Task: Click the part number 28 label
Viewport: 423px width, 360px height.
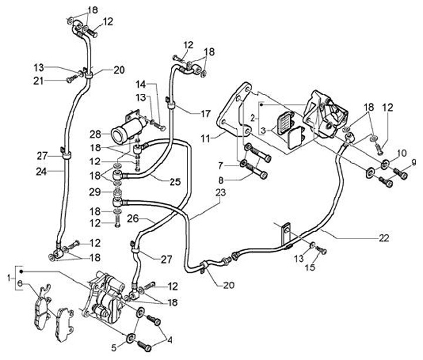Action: click(x=96, y=134)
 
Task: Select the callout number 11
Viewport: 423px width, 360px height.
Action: click(x=206, y=139)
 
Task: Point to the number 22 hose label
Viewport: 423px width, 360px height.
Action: click(x=384, y=238)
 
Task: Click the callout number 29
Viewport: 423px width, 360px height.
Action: click(x=95, y=192)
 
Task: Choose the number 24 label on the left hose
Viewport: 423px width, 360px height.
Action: click(x=42, y=171)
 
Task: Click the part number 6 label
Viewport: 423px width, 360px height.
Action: click(x=19, y=283)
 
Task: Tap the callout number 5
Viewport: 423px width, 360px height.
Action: click(x=114, y=348)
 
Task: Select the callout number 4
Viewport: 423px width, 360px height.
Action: click(x=170, y=340)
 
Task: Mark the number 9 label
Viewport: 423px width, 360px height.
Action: click(x=413, y=162)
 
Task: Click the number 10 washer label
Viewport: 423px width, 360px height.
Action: click(x=402, y=153)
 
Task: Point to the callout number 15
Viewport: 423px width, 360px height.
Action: click(x=310, y=268)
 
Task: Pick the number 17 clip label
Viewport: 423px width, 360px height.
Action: click(x=206, y=113)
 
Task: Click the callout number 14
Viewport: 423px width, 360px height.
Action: click(x=140, y=85)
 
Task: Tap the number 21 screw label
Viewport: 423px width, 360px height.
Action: click(x=39, y=80)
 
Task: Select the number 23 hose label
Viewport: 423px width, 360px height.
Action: click(x=221, y=193)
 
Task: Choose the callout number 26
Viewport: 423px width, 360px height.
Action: click(x=133, y=218)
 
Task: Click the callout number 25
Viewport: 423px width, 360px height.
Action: click(x=175, y=181)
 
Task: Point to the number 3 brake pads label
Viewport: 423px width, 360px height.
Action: click(x=263, y=131)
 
